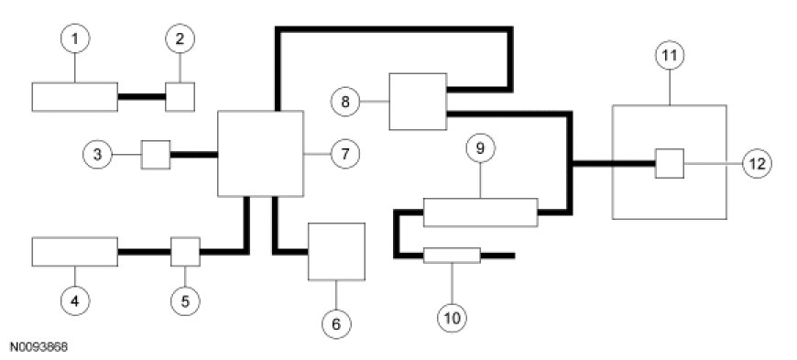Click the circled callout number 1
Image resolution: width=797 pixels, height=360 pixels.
(x=75, y=38)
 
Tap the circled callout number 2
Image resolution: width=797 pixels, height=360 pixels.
(x=180, y=38)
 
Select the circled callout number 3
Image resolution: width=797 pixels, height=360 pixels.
(x=98, y=154)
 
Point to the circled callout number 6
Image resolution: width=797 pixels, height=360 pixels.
(x=336, y=322)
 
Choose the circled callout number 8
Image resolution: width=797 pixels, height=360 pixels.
(x=345, y=102)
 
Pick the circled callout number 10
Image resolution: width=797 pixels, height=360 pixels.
(x=452, y=318)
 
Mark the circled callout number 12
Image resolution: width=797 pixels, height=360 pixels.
(x=757, y=163)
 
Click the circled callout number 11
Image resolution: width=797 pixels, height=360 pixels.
(x=670, y=56)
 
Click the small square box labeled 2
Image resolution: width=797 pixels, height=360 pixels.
(x=180, y=96)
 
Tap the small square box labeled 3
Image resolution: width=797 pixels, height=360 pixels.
(x=156, y=155)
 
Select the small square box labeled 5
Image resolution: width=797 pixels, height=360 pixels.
(x=185, y=252)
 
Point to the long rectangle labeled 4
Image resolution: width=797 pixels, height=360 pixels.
(x=75, y=252)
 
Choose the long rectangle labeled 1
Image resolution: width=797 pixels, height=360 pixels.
(x=75, y=96)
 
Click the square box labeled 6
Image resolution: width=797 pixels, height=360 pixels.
(x=336, y=251)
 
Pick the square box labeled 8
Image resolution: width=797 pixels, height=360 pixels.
(x=418, y=102)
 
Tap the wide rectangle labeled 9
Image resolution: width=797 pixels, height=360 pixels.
(x=480, y=212)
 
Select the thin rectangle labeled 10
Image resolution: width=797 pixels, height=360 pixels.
(x=452, y=256)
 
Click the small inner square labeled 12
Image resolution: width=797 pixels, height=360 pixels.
(x=670, y=163)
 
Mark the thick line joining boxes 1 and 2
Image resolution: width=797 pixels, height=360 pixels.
(x=142, y=96)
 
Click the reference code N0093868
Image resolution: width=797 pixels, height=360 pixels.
(x=38, y=347)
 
